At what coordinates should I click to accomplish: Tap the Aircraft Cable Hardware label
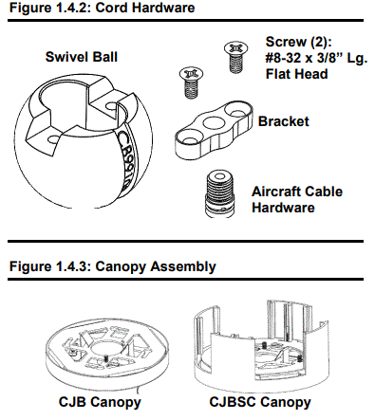pyautogui.click(x=296, y=199)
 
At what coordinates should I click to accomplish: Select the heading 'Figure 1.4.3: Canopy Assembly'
pyautogui.click(x=112, y=266)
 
